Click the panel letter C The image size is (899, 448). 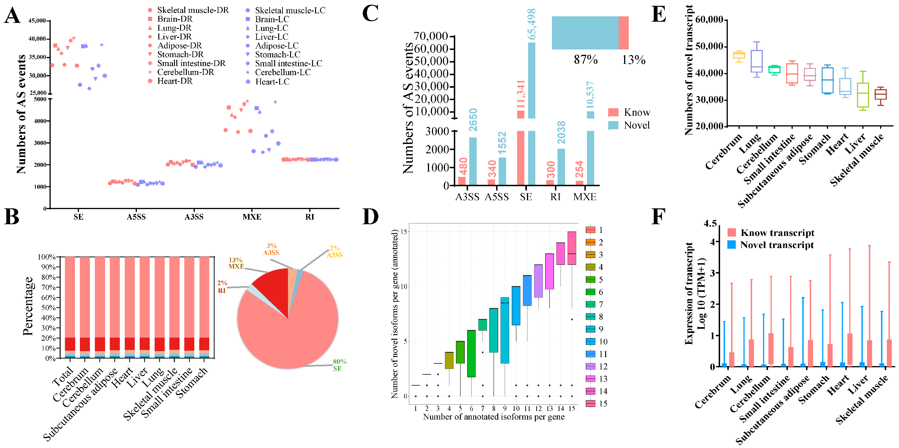pos(370,14)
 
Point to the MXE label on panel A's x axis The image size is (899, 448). pos(252,217)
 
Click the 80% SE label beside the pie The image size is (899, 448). pos(339,365)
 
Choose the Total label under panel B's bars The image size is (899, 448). pos(63,377)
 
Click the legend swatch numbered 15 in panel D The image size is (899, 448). pos(590,403)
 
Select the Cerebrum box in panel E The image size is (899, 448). pos(739,55)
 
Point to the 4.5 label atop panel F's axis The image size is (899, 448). pos(710,223)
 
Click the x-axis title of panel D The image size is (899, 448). pos(494,417)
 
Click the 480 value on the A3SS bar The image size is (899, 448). pos(463,166)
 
